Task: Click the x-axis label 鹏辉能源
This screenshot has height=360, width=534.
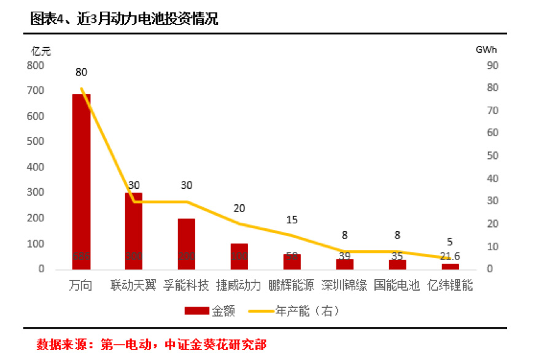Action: [x=292, y=285]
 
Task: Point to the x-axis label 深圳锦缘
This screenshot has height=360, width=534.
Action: [x=345, y=285]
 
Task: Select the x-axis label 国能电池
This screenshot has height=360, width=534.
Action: [x=397, y=285]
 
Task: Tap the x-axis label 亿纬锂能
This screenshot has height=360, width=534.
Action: [x=450, y=285]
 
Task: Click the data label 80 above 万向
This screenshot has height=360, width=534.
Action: [x=81, y=72]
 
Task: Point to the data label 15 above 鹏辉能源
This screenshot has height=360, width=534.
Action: [x=292, y=220]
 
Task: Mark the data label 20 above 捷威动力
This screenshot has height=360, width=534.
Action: [x=239, y=209]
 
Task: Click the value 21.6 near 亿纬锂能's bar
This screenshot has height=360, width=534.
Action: [x=450, y=256]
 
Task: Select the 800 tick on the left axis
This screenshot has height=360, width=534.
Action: [x=36, y=65]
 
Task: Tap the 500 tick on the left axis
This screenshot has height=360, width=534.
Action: [x=36, y=142]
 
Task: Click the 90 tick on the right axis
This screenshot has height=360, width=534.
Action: [x=492, y=65]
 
